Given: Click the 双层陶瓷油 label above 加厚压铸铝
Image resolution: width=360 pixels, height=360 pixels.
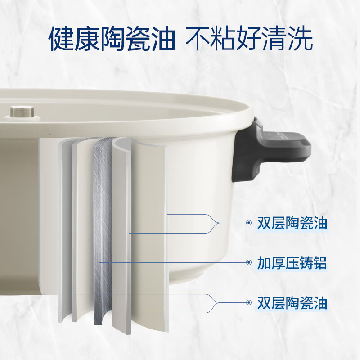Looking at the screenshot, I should click(x=292, y=223).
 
